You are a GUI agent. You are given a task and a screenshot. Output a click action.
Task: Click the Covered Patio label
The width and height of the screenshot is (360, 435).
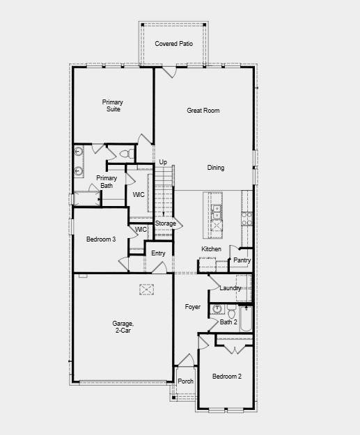[173, 44]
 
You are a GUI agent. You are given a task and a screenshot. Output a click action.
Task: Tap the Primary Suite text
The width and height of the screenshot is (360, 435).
[113, 106]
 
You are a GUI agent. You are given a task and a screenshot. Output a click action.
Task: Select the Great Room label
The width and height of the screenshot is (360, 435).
[203, 110]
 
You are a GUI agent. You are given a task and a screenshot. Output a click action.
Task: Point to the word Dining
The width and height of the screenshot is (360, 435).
[216, 168]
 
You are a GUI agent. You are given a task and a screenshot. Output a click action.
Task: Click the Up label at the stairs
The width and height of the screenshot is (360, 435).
[163, 162]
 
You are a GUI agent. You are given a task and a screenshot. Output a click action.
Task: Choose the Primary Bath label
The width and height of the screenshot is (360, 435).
[107, 182]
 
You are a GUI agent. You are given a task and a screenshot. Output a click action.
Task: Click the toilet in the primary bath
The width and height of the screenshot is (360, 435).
[126, 153]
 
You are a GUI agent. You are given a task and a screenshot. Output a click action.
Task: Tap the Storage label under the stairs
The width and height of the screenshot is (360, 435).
[165, 223]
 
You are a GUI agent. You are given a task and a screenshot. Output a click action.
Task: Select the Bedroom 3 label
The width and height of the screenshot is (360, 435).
[101, 239]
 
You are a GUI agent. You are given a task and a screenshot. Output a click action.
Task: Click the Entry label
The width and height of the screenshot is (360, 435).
[158, 253]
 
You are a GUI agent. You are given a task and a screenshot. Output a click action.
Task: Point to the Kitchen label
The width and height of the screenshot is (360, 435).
[211, 249]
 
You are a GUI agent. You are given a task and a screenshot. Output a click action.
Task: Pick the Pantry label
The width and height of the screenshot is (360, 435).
[242, 260]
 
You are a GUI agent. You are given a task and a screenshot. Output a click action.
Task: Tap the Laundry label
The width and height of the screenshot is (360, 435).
[230, 288]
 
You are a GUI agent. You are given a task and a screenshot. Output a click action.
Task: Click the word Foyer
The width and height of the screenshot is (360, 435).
[192, 307]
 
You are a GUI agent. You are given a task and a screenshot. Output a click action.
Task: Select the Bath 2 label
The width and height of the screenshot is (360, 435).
[229, 322]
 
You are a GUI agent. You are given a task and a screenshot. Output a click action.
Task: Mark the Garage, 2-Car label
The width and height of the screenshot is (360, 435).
[123, 327]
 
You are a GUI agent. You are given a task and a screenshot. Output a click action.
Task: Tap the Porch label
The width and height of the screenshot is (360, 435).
[185, 381]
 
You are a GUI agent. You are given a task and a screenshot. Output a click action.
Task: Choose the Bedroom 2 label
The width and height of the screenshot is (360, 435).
[227, 377]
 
